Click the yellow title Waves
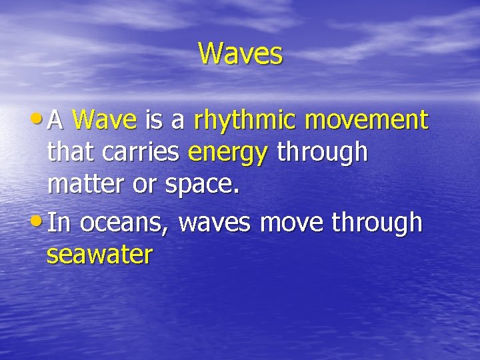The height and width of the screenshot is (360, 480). click(x=240, y=53)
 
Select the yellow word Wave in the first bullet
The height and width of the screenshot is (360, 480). click(x=105, y=120)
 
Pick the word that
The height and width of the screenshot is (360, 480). click(x=72, y=152)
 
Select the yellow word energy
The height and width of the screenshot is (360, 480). click(x=228, y=153)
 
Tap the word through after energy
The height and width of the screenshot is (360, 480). click(x=322, y=153)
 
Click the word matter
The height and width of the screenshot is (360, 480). click(x=87, y=184)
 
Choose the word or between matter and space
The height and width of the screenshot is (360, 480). click(x=143, y=185)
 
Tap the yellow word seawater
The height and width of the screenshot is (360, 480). click(x=99, y=255)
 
